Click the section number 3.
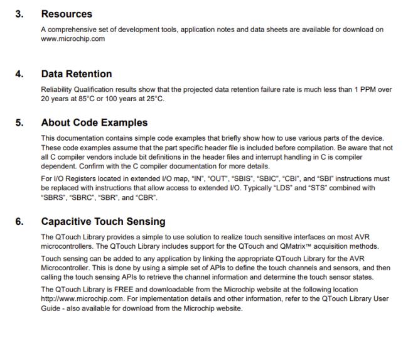coord(19,13)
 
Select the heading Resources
coord(66,13)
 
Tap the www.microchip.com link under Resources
coord(73,38)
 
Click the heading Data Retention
coord(77,74)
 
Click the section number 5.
coord(19,123)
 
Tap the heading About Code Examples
coord(94,123)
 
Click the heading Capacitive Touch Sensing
coord(103,222)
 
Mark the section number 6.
coord(19,222)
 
